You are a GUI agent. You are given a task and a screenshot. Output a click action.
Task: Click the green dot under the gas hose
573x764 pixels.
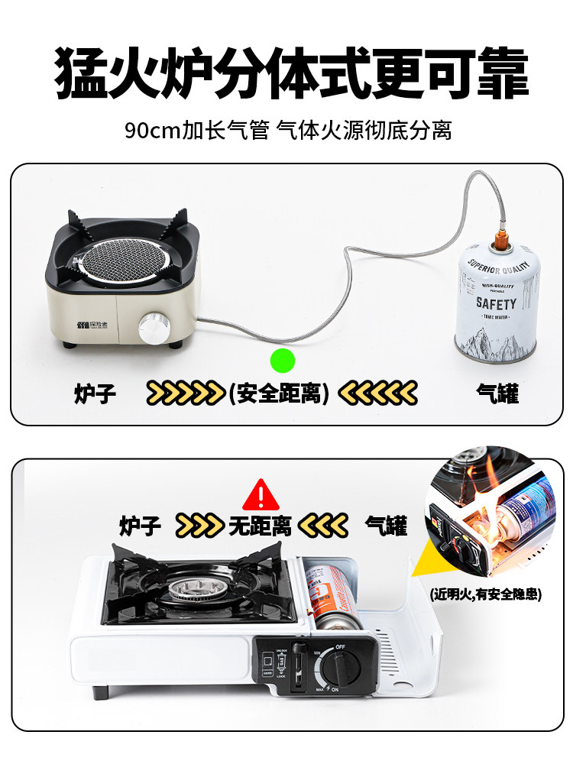point(282,359)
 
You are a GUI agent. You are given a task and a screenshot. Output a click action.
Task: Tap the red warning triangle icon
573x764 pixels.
point(261,495)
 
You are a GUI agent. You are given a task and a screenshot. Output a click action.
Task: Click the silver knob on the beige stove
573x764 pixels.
point(153,329)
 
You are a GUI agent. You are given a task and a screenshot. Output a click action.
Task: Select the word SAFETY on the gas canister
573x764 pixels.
point(496,303)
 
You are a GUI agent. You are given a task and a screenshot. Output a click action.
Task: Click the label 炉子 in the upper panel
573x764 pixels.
point(95,393)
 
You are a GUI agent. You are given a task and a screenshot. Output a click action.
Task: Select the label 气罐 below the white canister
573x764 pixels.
point(497,393)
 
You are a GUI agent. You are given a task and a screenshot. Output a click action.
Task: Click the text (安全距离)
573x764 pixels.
point(279,393)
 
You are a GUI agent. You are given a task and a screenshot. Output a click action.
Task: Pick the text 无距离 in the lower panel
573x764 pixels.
point(260,526)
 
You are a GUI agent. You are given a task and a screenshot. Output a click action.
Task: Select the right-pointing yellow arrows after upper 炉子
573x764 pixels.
point(186,393)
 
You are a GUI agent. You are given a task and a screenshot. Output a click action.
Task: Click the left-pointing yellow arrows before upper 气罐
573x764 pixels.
point(378,393)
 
